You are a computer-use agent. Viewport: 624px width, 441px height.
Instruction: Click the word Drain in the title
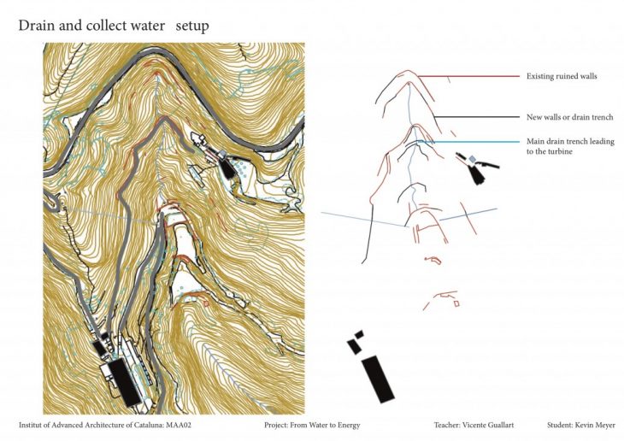pyautogui.click(x=37, y=26)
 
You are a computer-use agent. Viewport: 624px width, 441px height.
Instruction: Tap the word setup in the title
pyautogui.click(x=191, y=26)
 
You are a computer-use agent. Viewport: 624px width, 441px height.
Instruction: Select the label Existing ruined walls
pyautogui.click(x=562, y=77)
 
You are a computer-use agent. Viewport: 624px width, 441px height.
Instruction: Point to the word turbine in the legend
pyautogui.click(x=556, y=151)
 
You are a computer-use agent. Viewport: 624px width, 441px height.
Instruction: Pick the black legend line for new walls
pyautogui.click(x=479, y=117)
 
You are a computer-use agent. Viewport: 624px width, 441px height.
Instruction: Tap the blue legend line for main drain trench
pyautogui.click(x=479, y=142)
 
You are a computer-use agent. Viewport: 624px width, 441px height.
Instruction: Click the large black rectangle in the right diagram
pyautogui.click(x=377, y=379)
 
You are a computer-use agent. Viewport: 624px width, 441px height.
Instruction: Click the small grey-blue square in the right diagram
pyautogui.click(x=472, y=158)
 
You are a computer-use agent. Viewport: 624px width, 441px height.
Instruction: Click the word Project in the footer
pyautogui.click(x=277, y=425)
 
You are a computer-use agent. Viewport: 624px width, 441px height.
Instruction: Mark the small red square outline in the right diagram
pyautogui.click(x=456, y=303)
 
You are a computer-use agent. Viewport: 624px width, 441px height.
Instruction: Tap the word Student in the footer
pyautogui.click(x=560, y=425)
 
